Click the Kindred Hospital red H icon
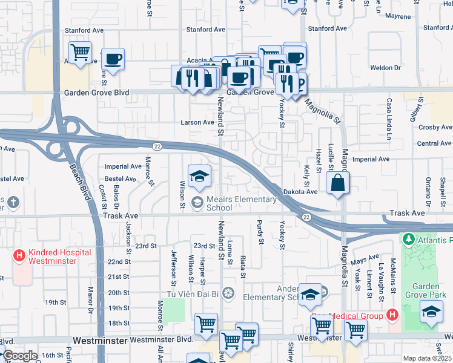[x=19, y=256]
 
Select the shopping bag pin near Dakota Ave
[x=337, y=183]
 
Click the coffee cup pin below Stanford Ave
[x=113, y=59]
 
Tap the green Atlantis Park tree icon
[x=409, y=240]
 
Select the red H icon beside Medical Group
[x=392, y=315]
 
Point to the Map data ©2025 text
[x=427, y=358]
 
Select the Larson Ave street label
[x=197, y=122]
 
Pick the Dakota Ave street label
[x=300, y=192]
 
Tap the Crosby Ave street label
[x=435, y=128]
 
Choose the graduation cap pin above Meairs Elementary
[x=200, y=176]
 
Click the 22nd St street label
[x=119, y=261]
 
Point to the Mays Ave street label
[x=364, y=261]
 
